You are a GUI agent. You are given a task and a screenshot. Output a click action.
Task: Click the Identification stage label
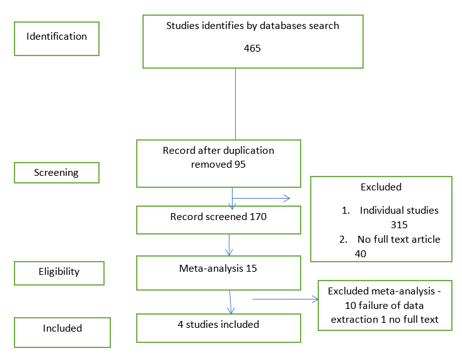pos(57,37)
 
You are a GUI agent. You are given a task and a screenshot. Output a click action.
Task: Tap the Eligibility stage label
pos(58,272)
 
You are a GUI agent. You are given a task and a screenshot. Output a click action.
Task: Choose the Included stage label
pos(62,328)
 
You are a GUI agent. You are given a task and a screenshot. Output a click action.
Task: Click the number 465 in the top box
pos(252,48)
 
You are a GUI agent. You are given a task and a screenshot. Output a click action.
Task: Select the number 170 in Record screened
pos(257,217)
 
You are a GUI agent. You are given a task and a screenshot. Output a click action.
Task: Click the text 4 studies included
pos(218,325)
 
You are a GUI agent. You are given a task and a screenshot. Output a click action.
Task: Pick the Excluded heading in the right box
pos(381,187)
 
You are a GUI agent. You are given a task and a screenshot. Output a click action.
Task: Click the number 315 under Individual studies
pos(400,224)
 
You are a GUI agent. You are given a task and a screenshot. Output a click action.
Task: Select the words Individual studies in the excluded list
pos(399,210)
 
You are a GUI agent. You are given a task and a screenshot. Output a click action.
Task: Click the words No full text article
pos(399,239)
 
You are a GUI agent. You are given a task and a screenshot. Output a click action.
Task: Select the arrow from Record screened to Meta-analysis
pos(229,243)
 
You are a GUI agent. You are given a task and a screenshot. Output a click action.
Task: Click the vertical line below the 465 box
pos(235,104)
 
